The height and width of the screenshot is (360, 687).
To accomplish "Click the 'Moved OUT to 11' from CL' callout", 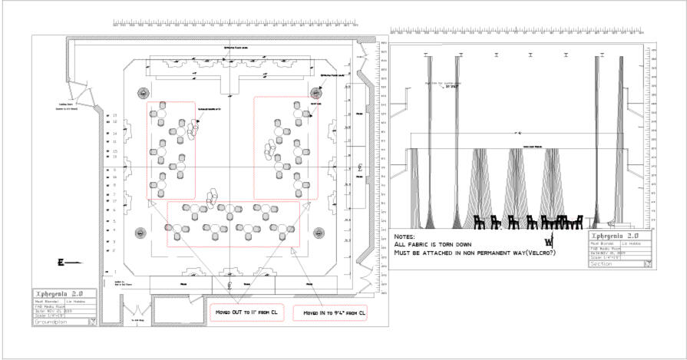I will click(x=243, y=313).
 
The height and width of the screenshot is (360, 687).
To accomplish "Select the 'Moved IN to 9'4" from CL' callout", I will click(x=334, y=313).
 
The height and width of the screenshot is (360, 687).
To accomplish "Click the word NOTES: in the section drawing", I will click(x=404, y=237).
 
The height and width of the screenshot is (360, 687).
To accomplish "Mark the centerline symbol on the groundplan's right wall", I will click(x=360, y=167).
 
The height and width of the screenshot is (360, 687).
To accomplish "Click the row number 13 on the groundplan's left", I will click(x=115, y=116).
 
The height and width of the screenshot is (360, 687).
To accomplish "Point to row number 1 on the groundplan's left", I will click(x=115, y=272).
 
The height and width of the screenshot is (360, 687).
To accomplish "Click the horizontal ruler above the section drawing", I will click(x=522, y=31).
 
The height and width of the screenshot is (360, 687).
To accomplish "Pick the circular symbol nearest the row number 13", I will click(x=142, y=93).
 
